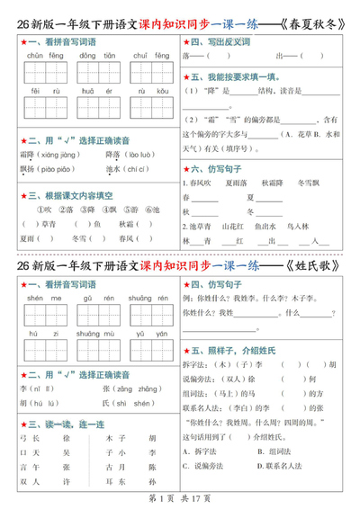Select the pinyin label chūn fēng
tap(40, 55)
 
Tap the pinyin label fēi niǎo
tap(40, 91)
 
